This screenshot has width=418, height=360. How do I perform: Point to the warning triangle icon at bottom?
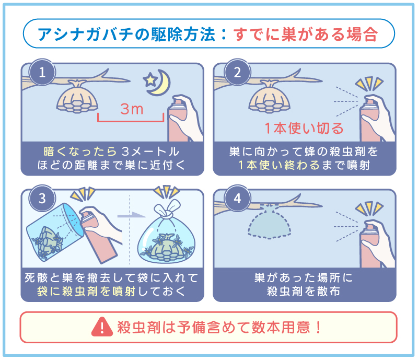pyautogui.click(x=98, y=328)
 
